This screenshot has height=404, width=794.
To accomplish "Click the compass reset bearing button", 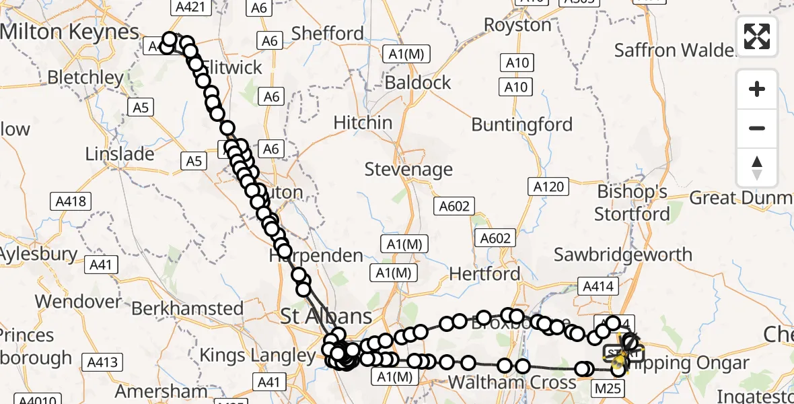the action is (757, 168).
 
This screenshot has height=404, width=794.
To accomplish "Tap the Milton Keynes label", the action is (69, 31).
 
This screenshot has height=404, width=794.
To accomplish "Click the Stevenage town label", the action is (408, 169).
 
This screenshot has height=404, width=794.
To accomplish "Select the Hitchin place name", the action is (363, 123).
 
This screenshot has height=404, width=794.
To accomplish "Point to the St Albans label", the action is (326, 316).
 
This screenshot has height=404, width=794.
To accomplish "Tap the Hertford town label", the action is (484, 273).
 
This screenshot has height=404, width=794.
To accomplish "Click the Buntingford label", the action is (521, 125).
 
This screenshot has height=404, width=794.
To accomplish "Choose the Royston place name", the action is (517, 25).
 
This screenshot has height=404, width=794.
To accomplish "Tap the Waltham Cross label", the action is (512, 382).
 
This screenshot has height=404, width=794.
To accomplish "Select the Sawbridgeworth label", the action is (622, 255).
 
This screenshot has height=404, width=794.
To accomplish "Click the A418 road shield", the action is (71, 201).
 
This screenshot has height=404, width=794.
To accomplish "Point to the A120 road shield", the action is (548, 187).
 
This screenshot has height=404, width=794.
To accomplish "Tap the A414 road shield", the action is (598, 286).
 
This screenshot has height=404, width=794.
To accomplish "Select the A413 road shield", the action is (102, 363).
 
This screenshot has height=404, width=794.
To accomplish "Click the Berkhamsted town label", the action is (188, 308).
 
